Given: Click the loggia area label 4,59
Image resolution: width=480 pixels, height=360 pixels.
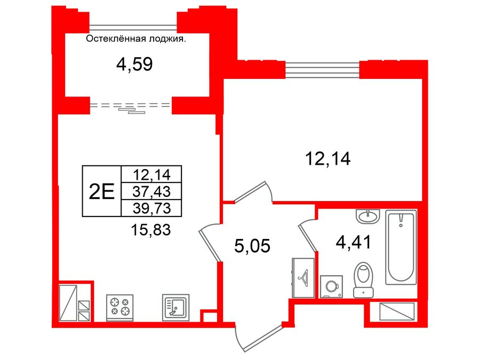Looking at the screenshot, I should [x=134, y=65].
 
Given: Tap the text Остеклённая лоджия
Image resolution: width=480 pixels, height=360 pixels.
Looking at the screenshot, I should [x=136, y=38].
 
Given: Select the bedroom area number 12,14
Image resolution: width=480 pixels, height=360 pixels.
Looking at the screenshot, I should [x=327, y=158].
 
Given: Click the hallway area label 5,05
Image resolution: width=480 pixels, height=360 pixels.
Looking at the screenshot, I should [x=253, y=246].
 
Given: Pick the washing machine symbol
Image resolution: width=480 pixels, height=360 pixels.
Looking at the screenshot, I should [x=331, y=287].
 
